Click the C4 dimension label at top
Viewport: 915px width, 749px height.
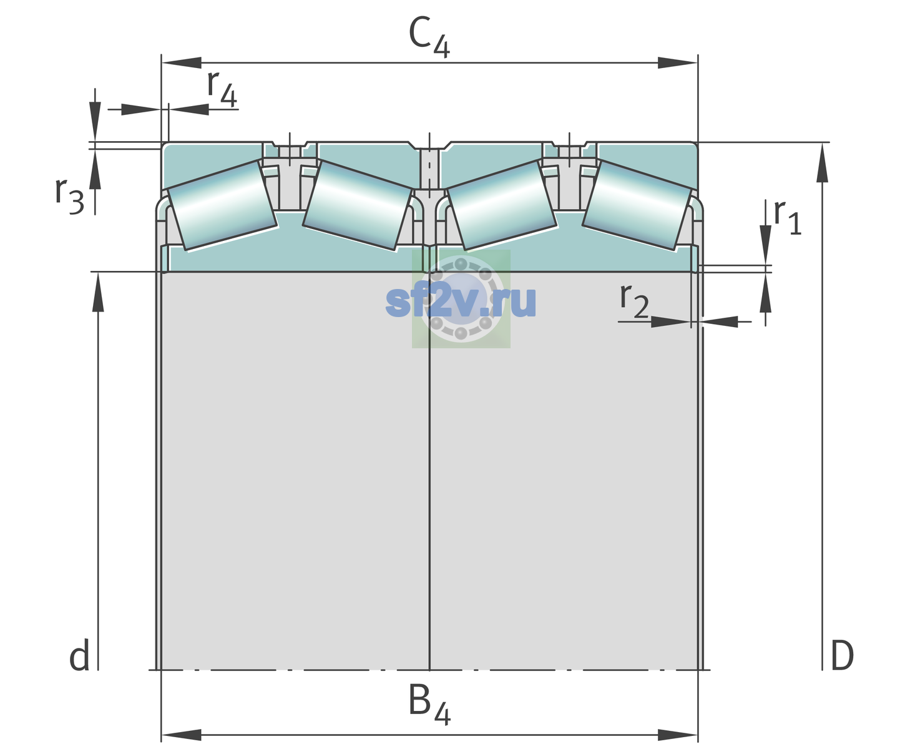[429, 37]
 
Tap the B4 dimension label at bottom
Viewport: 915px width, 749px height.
[429, 704]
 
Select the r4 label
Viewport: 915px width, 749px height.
[222, 89]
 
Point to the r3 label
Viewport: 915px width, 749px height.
[69, 196]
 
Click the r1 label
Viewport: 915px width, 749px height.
[788, 217]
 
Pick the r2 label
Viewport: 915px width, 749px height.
[634, 301]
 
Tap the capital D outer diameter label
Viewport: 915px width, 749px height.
[842, 655]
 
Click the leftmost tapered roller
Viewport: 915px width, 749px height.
[222, 205]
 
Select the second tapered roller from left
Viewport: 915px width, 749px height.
[357, 205]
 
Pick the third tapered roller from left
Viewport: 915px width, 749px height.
[502, 205]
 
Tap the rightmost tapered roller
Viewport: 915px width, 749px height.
[637, 205]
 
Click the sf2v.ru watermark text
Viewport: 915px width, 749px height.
[461, 301]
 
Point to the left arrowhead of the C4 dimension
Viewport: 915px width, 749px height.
[182, 62]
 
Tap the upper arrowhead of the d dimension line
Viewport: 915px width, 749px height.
[98, 292]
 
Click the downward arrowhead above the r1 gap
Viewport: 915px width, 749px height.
[765, 245]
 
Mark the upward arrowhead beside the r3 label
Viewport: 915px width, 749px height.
[95, 169]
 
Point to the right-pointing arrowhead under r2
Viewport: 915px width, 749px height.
[671, 321]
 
